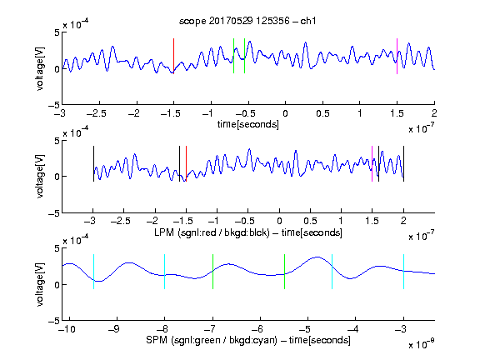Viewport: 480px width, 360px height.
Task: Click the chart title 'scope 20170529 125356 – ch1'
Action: pos(247,21)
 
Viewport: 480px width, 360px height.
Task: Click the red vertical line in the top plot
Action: pos(173,56)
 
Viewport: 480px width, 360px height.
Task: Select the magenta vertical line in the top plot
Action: pos(397,56)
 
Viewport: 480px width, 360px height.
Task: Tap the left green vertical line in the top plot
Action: pos(233,56)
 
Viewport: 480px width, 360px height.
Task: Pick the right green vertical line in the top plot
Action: pos(244,56)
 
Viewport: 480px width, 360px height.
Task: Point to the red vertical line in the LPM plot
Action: pos(186,164)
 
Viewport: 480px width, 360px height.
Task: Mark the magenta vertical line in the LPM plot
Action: pos(372,164)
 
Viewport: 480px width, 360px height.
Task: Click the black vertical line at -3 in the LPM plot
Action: pos(93,164)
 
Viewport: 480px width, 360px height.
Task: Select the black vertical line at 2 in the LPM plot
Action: pos(403,164)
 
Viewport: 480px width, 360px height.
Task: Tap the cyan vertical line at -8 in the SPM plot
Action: pos(164,272)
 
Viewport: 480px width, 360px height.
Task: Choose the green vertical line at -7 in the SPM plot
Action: pos(212,272)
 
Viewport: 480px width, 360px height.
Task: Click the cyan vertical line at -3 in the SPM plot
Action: pos(403,272)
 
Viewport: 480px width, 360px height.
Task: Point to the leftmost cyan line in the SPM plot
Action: pos(93,272)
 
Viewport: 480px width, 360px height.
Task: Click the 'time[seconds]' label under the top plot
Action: pos(248,124)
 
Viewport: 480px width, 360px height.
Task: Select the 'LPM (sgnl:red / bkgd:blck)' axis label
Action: pos(212,232)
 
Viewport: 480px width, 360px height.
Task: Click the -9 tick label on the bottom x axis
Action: pos(114,329)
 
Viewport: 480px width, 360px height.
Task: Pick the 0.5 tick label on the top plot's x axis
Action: pos(322,113)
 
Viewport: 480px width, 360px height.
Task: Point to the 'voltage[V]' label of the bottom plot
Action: pos(40,284)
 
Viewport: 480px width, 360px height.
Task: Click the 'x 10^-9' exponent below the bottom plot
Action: pos(421,345)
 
